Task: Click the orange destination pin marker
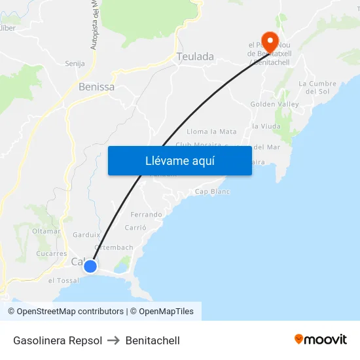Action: [269, 39]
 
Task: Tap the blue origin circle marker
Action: [90, 266]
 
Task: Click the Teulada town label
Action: [195, 57]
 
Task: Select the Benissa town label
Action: [96, 86]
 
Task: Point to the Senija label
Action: [75, 63]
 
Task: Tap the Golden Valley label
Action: [274, 104]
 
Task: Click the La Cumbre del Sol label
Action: [317, 87]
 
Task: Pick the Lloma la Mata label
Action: [211, 132]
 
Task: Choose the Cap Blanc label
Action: [213, 192]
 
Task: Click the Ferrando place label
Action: [147, 215]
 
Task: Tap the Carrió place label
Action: [135, 228]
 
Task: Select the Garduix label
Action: [86, 234]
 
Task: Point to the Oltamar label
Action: [46, 231]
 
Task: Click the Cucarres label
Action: [52, 253]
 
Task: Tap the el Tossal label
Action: [63, 280]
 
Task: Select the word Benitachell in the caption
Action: [153, 340]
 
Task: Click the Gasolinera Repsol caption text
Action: [58, 340]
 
